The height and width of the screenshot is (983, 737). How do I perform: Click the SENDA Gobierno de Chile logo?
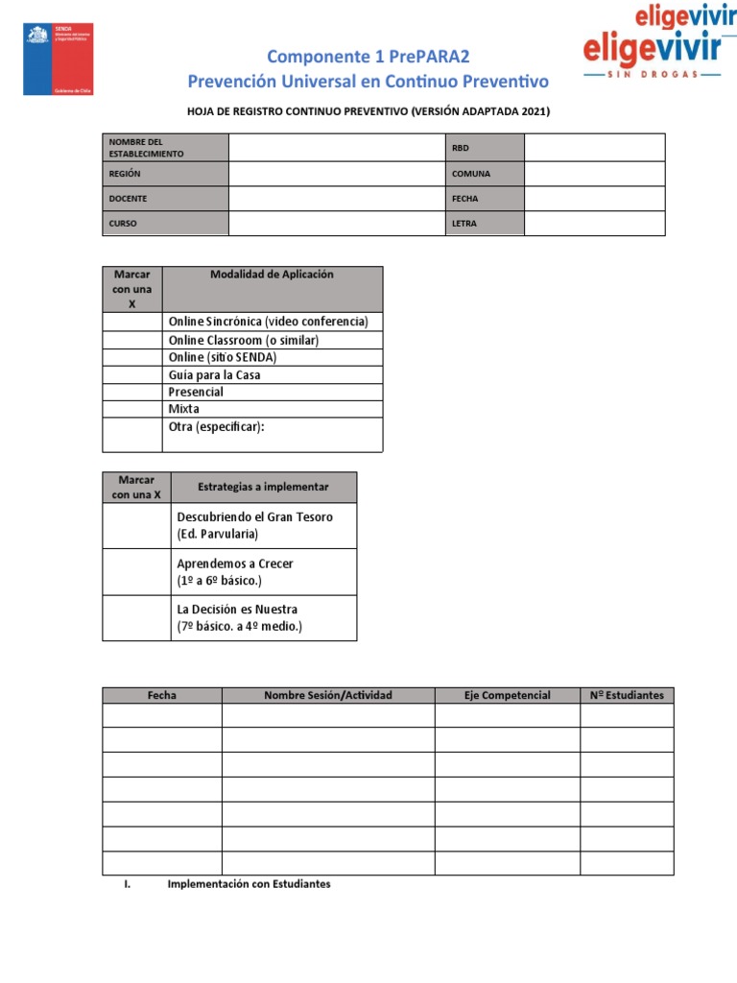click(x=59, y=60)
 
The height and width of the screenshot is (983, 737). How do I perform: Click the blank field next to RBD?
click(x=594, y=148)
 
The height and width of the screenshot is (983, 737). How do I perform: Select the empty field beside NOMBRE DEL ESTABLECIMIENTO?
click(x=337, y=148)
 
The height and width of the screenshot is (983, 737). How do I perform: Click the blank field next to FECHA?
click(x=594, y=199)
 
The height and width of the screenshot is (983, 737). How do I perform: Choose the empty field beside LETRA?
click(x=594, y=224)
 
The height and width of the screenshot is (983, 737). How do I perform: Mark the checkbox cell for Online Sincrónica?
click(x=132, y=322)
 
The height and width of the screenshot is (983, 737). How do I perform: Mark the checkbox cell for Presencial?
click(x=132, y=392)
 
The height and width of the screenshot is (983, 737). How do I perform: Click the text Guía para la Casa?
click(x=214, y=375)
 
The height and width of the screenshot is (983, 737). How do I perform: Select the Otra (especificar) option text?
click(x=216, y=426)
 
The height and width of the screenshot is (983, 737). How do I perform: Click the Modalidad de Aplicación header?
click(x=272, y=275)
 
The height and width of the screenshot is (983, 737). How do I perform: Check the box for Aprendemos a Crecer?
click(x=136, y=572)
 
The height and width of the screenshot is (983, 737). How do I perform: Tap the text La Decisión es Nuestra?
click(x=237, y=610)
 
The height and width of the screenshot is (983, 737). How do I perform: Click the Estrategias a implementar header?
click(x=263, y=488)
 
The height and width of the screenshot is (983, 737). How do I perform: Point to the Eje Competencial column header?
click(x=507, y=695)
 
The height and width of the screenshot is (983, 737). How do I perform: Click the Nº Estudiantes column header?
click(x=627, y=695)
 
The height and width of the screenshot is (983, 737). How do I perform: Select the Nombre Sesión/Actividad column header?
click(x=328, y=695)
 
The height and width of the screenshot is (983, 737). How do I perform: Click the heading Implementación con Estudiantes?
click(x=249, y=884)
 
